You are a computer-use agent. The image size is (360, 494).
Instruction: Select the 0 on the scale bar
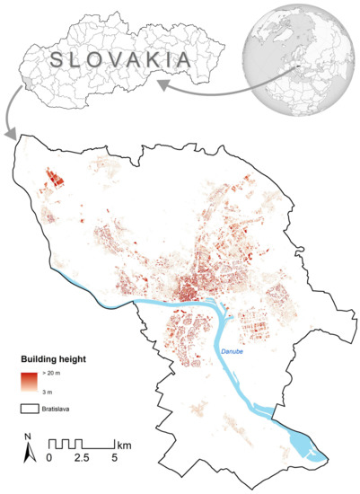pyautogui.click(x=49, y=458)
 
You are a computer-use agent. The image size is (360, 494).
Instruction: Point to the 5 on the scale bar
pyautogui.click(x=113, y=458)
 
